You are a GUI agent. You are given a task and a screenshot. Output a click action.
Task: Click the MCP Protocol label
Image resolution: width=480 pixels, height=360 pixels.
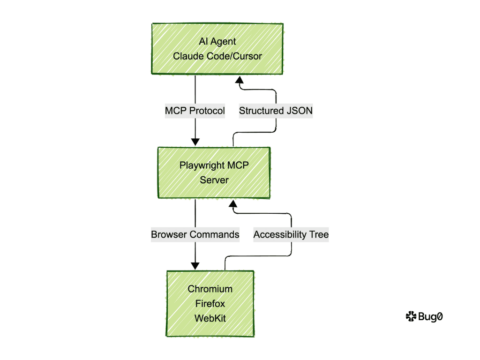click(x=195, y=111)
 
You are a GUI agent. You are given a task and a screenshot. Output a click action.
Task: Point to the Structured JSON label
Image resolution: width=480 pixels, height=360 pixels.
click(x=276, y=111)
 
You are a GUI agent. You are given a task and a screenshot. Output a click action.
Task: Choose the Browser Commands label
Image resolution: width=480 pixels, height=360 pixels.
click(x=195, y=234)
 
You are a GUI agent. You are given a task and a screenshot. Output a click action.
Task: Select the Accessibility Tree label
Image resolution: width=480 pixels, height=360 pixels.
click(x=291, y=234)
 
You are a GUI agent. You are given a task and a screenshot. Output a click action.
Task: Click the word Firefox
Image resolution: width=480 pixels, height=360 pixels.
click(x=210, y=303)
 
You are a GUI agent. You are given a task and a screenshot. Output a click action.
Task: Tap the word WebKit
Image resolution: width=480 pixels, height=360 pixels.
click(x=210, y=318)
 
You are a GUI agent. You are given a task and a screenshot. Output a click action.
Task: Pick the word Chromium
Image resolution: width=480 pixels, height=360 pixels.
click(x=210, y=289)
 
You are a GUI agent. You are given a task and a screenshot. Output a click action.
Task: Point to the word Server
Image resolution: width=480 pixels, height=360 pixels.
click(x=214, y=180)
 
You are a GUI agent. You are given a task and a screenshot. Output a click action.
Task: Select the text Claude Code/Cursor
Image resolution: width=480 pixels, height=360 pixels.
click(x=217, y=56)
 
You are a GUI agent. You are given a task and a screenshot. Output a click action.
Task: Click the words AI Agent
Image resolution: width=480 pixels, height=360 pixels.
click(x=217, y=41)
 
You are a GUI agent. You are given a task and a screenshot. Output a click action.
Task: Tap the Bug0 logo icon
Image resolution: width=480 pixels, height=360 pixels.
click(x=411, y=317)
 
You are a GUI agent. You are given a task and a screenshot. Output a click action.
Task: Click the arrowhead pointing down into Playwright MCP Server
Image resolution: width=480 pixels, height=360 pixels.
click(x=195, y=142)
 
